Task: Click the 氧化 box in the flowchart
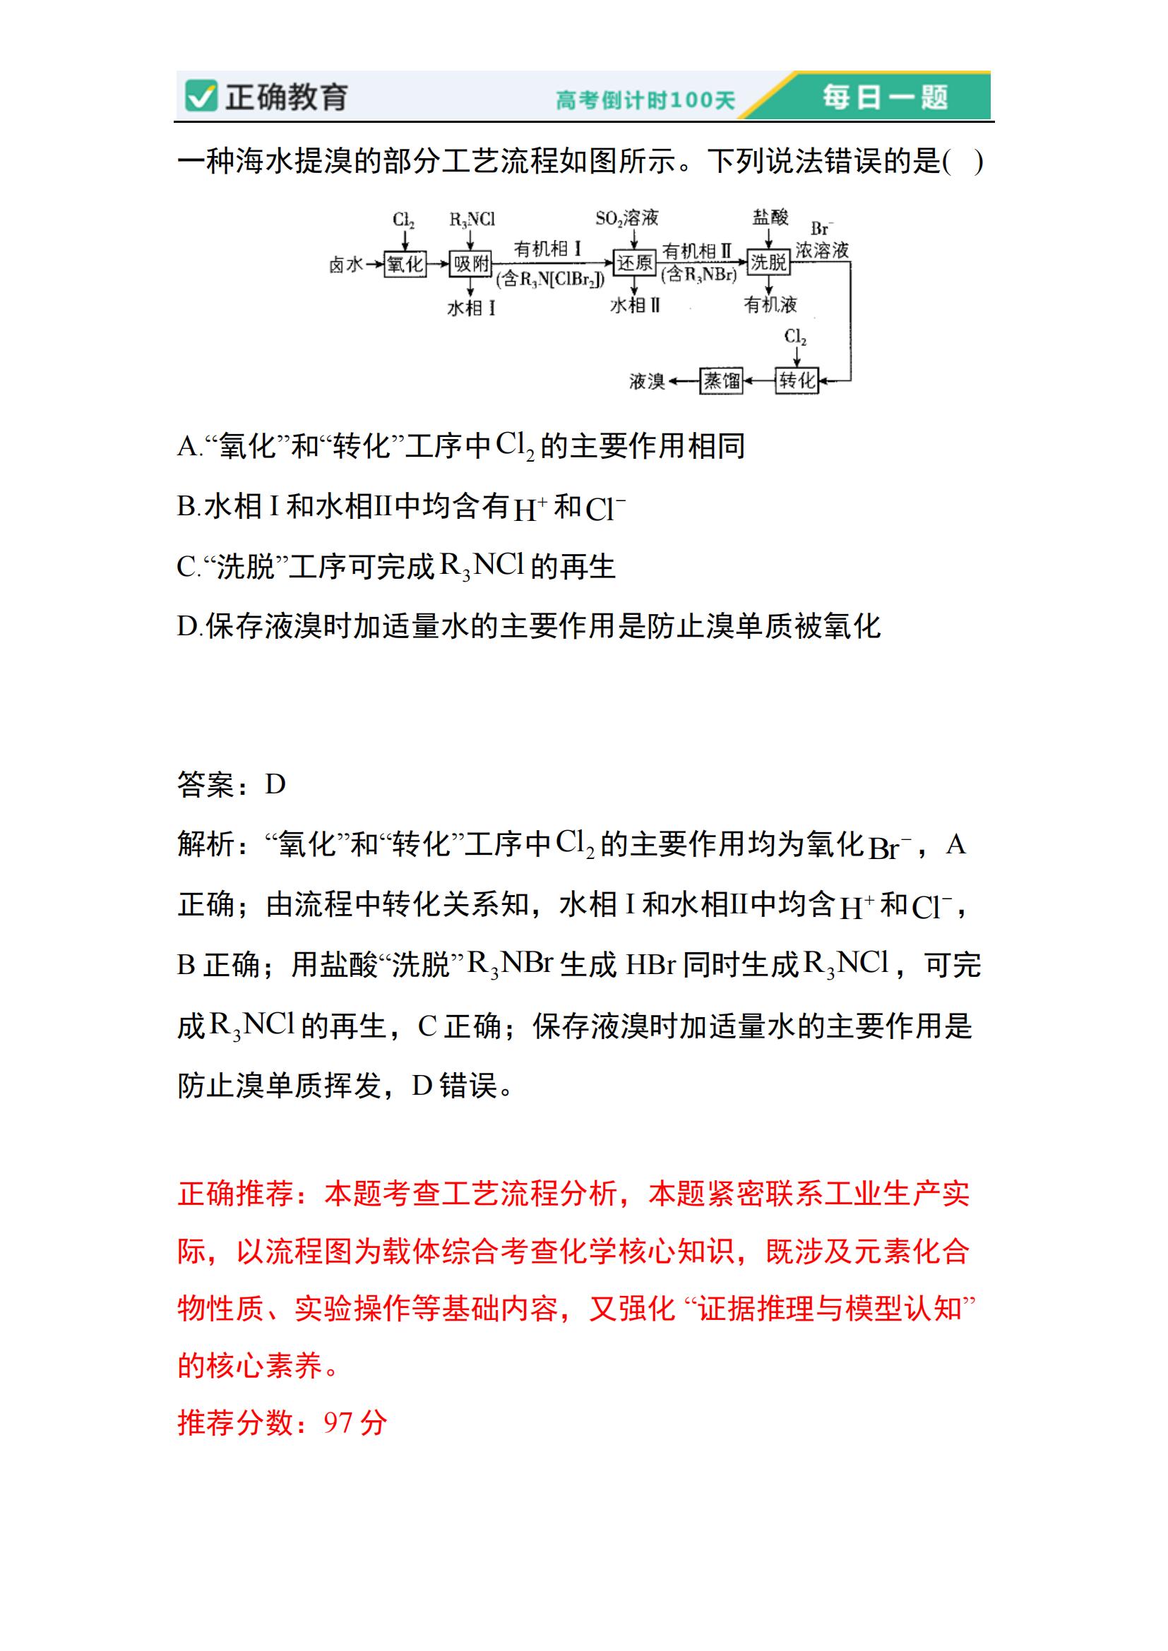(405, 264)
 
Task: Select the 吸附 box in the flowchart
(471, 264)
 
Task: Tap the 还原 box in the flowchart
(633, 263)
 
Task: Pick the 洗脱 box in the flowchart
(769, 263)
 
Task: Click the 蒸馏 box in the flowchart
(722, 380)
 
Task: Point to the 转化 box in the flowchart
(797, 380)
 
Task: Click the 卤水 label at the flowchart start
(346, 265)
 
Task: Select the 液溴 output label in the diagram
(647, 381)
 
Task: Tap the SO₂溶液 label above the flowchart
(626, 218)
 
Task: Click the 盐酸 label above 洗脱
(770, 217)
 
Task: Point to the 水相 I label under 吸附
(471, 308)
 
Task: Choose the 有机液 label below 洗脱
(770, 305)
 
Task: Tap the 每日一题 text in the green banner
(886, 97)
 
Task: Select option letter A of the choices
(186, 447)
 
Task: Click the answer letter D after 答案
(275, 784)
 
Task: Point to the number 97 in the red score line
(338, 1422)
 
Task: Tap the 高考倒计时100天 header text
(645, 100)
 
